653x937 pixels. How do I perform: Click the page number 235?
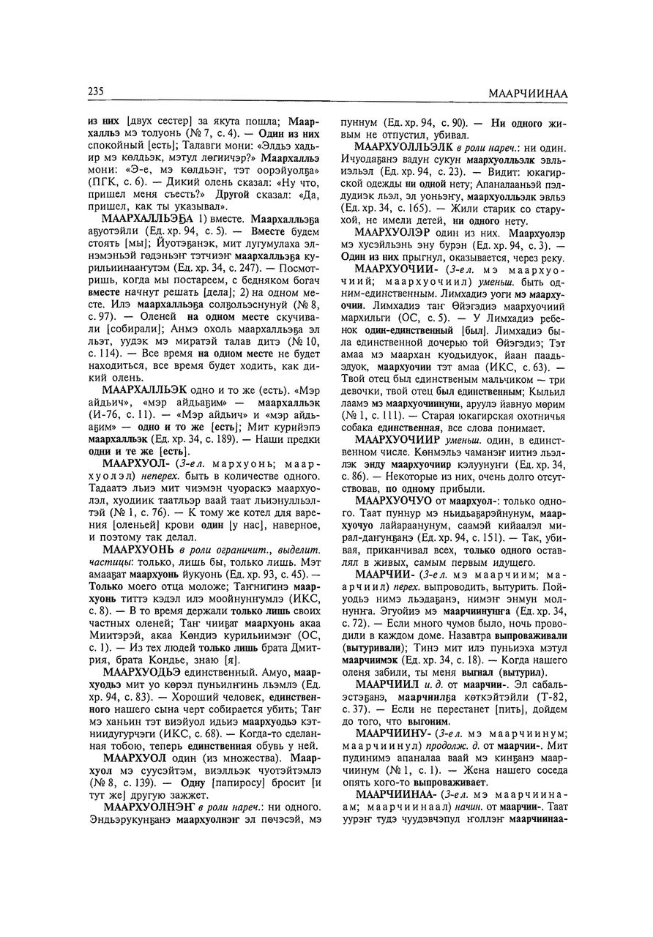pyautogui.click(x=94, y=92)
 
